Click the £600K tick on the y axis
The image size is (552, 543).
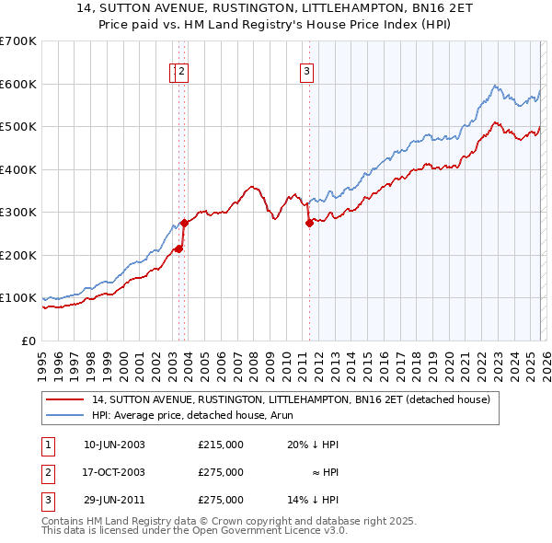(x=18, y=84)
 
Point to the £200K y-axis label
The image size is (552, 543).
(x=18, y=255)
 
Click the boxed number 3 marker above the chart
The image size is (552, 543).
(x=305, y=73)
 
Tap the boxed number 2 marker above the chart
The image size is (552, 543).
(x=182, y=73)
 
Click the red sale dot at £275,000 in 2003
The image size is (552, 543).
(x=184, y=223)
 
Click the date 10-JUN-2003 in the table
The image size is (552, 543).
(x=114, y=445)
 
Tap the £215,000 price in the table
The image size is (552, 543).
(x=221, y=445)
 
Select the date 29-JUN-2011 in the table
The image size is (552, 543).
(x=114, y=500)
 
